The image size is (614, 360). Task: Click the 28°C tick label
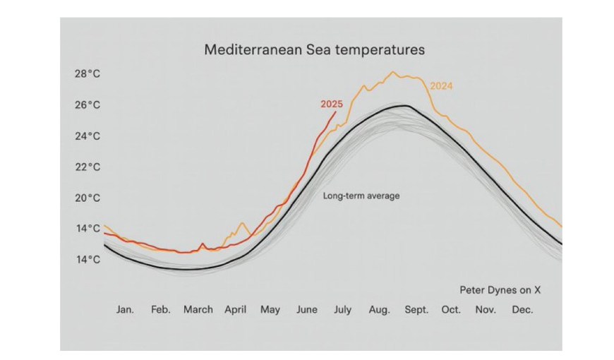coord(88,74)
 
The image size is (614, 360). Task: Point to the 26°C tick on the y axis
coord(88,105)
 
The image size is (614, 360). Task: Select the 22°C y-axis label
coord(88,167)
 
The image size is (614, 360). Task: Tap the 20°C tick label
coord(88,198)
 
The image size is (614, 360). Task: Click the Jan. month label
coord(125,310)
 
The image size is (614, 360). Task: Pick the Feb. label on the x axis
coord(160,310)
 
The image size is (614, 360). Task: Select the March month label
coord(198,310)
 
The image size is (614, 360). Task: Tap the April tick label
coord(236,310)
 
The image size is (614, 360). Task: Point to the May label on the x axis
coord(270,310)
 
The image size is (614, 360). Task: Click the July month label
coord(344,310)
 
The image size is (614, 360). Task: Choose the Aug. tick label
coord(380,310)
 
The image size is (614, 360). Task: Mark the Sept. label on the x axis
coord(415,310)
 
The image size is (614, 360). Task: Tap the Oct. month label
coord(451,310)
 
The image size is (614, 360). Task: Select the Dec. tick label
coord(522,310)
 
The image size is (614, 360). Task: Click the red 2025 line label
coord(332,104)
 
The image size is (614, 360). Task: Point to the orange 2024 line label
coord(441,86)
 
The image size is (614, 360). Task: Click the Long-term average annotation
coord(361,196)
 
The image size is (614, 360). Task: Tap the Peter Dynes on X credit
coord(500,289)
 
